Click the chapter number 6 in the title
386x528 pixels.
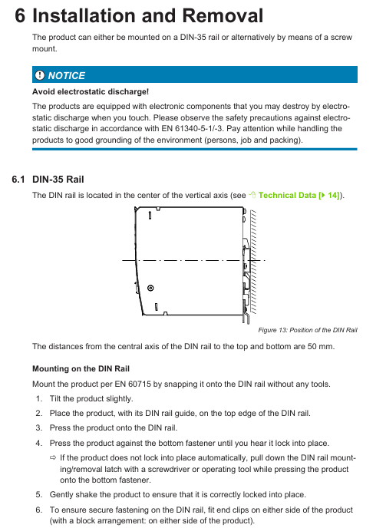(20, 15)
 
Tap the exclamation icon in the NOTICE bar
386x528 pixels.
(40, 75)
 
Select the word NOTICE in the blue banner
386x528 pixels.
(67, 75)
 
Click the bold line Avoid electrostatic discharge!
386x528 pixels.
(91, 91)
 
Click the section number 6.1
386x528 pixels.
(18, 179)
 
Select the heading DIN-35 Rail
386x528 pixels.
(58, 179)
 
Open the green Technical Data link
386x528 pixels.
(287, 195)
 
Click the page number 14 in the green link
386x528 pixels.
(333, 195)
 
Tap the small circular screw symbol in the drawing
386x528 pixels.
(150, 288)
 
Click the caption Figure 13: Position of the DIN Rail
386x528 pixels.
(308, 330)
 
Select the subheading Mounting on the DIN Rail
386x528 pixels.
(81, 368)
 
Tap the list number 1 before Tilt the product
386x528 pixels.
(38, 399)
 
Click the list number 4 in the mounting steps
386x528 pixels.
(38, 443)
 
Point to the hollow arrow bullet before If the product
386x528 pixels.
(53, 457)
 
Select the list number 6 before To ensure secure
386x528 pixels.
(38, 510)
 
